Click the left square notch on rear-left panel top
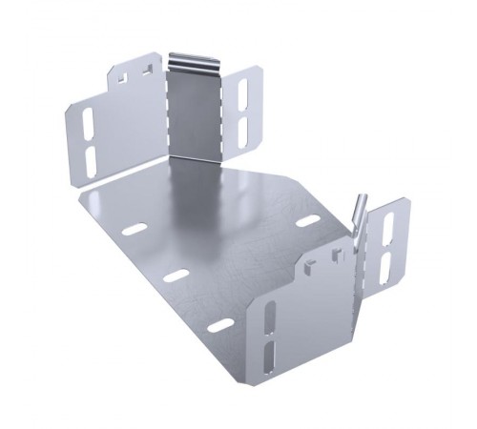point(123,71)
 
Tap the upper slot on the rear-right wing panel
point(242,93)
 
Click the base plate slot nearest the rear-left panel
point(135,229)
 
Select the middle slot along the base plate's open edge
point(176,276)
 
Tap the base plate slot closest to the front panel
point(220,325)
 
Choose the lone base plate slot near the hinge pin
point(307,222)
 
